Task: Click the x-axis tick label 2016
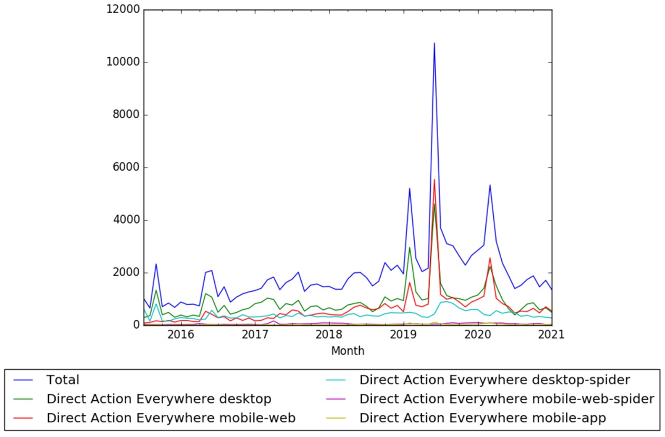181,335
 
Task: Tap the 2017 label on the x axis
255,335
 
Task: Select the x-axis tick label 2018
329,335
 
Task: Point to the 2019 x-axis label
404,335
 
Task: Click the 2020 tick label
478,335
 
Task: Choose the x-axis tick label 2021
552,335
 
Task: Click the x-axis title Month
348,351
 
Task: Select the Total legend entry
63,380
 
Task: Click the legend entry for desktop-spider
494,380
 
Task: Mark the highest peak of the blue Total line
434,43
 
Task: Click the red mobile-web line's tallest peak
434,180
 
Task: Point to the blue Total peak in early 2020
490,185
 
